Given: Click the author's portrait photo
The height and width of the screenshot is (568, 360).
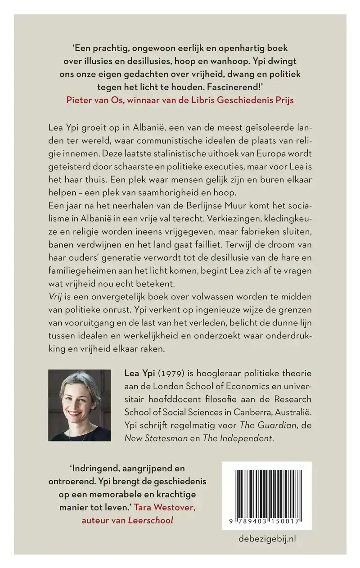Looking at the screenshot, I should tap(79, 405).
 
